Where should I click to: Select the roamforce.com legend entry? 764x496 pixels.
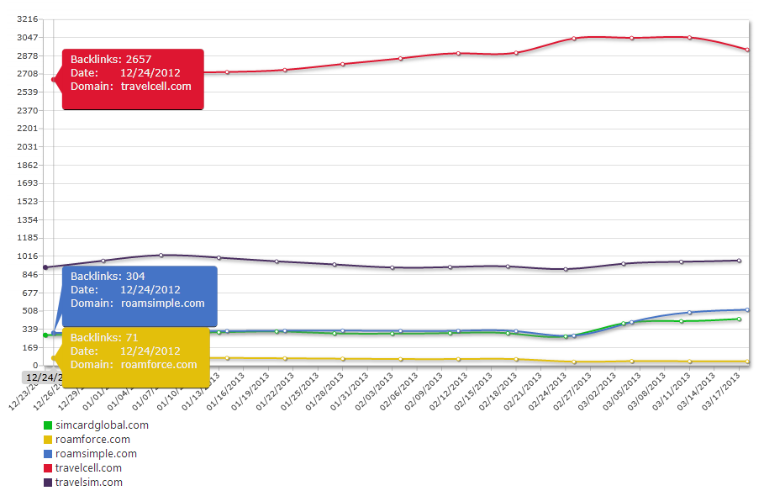coord(92,439)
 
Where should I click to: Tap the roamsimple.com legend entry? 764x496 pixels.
coord(95,453)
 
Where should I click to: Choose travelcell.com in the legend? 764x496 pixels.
coord(87,467)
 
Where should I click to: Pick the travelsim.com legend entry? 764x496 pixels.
coord(88,482)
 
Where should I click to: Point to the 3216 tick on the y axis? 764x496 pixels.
coord(28,18)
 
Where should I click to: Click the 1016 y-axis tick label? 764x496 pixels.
coord(28,256)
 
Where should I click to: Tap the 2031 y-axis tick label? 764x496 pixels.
coord(28,146)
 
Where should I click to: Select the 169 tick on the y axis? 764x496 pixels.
coord(30,347)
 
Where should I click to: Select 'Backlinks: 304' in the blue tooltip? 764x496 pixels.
coord(107,276)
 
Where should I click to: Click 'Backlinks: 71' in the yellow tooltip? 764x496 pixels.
coord(104,337)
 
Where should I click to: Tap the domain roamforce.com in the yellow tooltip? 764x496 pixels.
coord(159,364)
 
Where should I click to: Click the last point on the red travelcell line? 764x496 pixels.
coord(747,50)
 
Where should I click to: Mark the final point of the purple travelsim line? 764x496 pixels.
coord(739,261)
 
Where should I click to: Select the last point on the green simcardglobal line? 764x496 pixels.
coord(739,319)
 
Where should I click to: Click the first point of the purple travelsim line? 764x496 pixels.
coord(45,267)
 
